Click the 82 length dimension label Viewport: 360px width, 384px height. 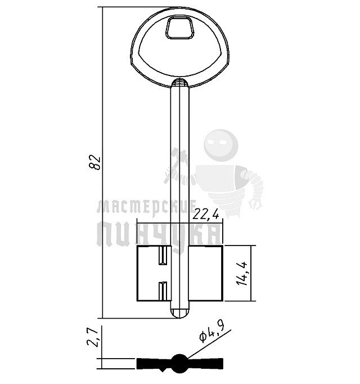pos(94,162)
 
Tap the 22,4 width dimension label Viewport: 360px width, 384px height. pos(206,215)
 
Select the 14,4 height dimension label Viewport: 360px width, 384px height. pos(242,274)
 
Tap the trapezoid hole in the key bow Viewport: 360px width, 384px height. pos(179,28)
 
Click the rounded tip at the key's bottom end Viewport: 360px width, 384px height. pos(180,313)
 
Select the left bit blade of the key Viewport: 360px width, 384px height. pos(154,273)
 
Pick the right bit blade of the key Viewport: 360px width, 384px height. pos(205,273)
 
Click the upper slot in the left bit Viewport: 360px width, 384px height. pos(163,256)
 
